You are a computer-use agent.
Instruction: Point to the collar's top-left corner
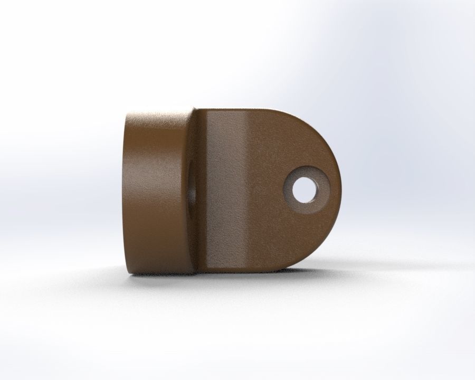(130, 113)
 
